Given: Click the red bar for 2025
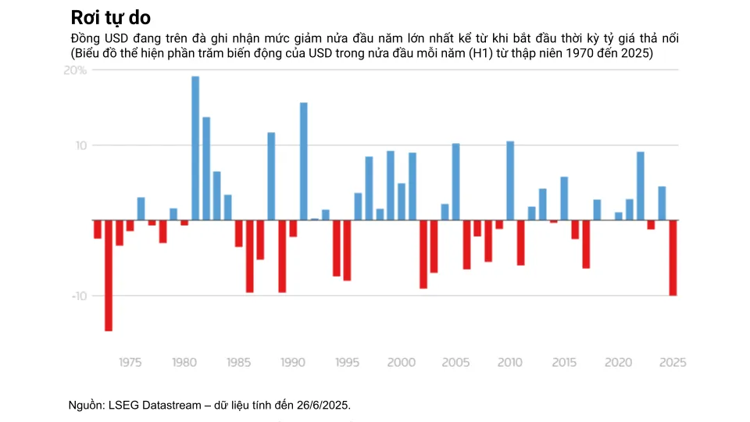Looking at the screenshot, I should click(673, 257).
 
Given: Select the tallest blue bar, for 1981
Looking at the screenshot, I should click(195, 148).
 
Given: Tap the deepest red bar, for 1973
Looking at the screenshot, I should click(109, 275).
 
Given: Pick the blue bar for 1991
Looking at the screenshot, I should click(304, 161).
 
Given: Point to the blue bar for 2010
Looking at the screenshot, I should click(510, 181).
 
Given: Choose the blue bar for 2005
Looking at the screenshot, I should click(455, 181).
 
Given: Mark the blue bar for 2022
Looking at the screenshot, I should click(641, 185).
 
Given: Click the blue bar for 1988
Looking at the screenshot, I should click(271, 176).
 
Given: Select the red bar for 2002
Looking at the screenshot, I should click(423, 254).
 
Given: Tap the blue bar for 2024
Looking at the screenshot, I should click(662, 203).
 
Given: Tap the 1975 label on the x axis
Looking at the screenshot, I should click(130, 363).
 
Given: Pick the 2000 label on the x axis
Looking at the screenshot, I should click(401, 363).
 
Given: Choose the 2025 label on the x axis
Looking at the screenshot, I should click(673, 363).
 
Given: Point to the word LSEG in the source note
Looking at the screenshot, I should click(121, 405).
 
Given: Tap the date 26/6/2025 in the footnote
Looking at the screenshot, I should click(324, 405).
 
